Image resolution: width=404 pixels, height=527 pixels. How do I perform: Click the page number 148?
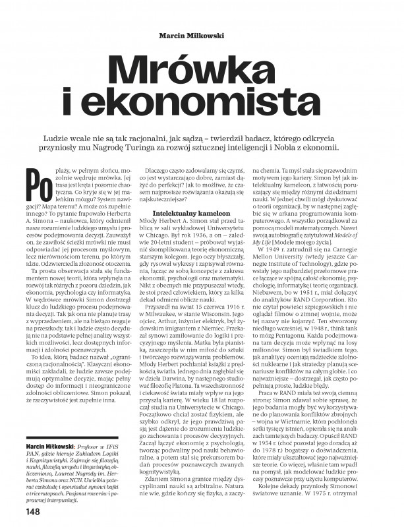click(34, 511)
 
